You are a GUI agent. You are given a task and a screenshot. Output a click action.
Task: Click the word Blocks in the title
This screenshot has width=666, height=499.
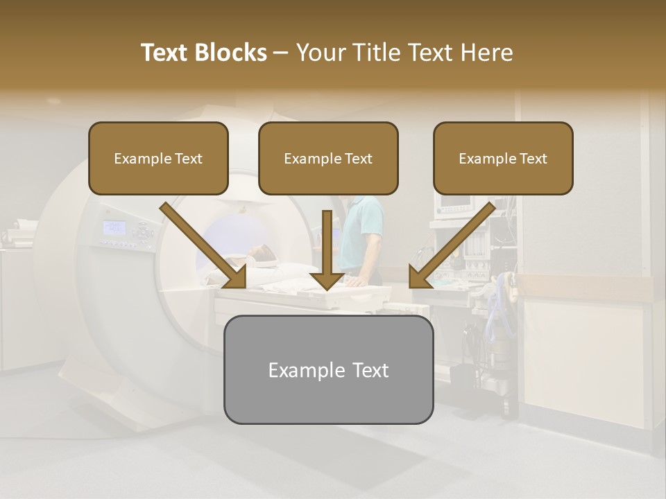point(232,53)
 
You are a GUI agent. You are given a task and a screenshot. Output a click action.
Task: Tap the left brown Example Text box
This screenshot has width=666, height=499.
point(158,159)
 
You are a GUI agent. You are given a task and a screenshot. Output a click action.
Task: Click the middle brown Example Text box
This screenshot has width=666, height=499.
point(328,159)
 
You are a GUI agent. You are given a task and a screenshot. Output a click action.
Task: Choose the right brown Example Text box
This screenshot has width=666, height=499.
point(503,159)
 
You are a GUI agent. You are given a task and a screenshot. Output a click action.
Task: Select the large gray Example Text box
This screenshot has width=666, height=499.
point(328,370)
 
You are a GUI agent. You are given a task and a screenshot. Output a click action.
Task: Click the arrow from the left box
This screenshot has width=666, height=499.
point(205,247)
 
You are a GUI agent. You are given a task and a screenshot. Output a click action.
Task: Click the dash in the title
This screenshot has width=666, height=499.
point(281,53)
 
